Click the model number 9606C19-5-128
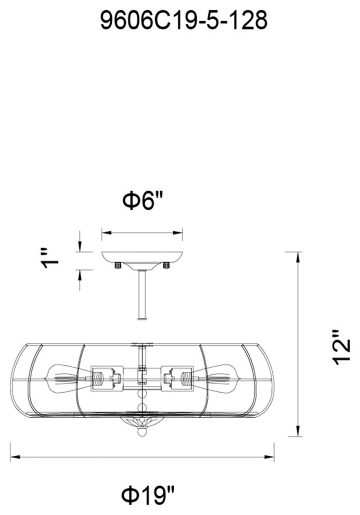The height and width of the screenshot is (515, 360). [x=184, y=21]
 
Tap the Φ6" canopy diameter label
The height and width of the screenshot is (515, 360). [x=143, y=200]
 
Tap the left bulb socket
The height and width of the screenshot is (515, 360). [x=106, y=378]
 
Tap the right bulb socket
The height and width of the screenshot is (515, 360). [x=178, y=378]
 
